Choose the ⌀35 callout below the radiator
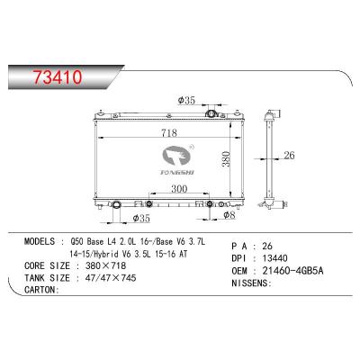[x=141, y=218]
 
